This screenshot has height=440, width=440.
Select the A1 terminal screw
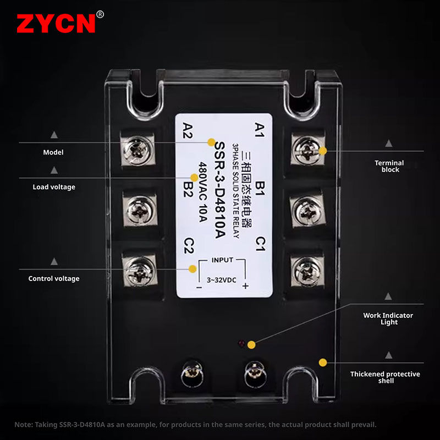[306, 150]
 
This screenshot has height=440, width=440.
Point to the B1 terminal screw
[306, 210]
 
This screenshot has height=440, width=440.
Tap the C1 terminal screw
[306, 269]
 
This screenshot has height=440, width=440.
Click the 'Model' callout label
[53, 152]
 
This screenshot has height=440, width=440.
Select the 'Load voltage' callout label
[54, 187]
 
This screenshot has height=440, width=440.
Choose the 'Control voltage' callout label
[54, 279]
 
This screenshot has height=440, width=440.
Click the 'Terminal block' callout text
[389, 166]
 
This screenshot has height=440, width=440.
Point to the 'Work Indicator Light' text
[388, 318]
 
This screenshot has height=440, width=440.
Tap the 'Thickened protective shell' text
[385, 377]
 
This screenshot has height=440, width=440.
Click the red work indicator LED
[240, 344]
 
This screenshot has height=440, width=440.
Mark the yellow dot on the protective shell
[323, 362]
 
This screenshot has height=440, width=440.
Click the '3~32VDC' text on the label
[222, 280]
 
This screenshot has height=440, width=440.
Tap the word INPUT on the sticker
[222, 260]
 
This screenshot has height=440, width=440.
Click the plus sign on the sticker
[245, 285]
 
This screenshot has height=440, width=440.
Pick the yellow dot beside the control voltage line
[193, 269]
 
